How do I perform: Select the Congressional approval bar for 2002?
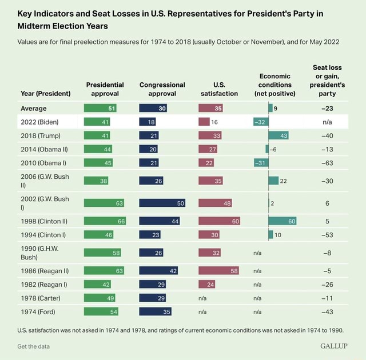[x=162, y=203]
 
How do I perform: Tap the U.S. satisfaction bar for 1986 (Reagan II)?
[x=218, y=271]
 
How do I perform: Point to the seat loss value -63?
[x=327, y=163]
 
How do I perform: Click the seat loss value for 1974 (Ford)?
[x=327, y=311]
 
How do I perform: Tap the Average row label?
[x=34, y=108]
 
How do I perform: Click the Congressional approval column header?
[x=162, y=89]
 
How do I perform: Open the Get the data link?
[x=34, y=346]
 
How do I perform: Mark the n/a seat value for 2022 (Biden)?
[x=327, y=122]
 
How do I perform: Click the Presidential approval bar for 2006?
[x=96, y=181]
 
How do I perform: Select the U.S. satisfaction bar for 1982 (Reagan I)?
[x=207, y=284]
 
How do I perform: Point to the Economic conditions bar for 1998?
[x=283, y=221]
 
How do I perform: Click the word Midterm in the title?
[x=38, y=26]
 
